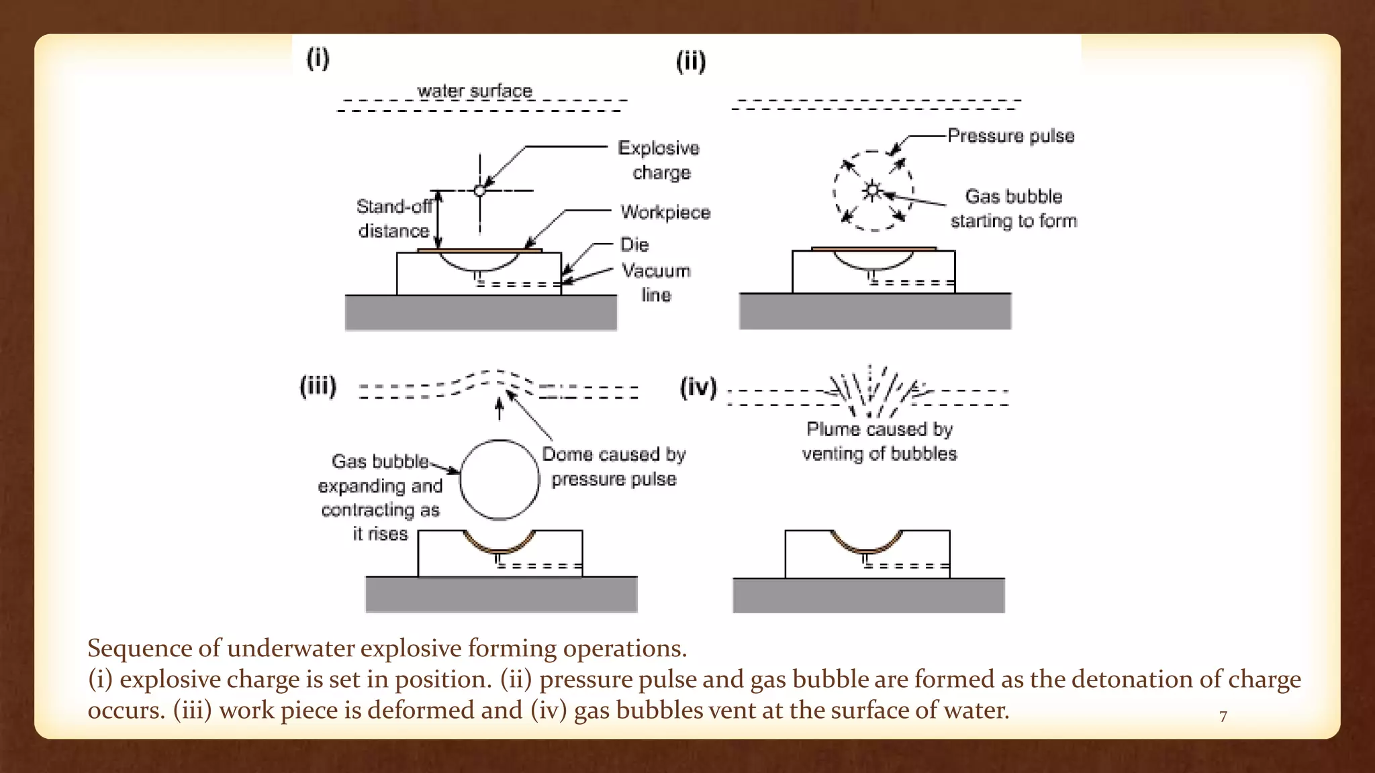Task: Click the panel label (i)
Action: click(x=318, y=58)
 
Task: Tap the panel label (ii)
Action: click(x=690, y=62)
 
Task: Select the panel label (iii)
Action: click(x=318, y=386)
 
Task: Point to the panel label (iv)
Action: click(x=698, y=388)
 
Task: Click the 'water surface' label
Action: click(x=475, y=91)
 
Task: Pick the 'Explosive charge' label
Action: click(x=659, y=160)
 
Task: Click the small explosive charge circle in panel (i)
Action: click(x=479, y=191)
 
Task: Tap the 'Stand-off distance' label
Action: click(x=394, y=219)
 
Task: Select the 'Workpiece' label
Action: click(x=665, y=213)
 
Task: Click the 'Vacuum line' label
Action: click(x=656, y=282)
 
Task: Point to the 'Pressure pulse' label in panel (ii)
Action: click(x=1010, y=136)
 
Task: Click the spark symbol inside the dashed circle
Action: click(x=873, y=191)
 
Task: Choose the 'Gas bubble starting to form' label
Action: click(x=1014, y=209)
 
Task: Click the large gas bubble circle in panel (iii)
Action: click(x=500, y=480)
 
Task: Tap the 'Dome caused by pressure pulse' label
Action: click(x=614, y=466)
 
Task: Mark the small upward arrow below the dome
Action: click(x=499, y=409)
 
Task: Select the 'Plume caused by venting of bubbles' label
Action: click(x=880, y=442)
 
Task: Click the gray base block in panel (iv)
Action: click(x=868, y=595)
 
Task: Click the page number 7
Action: click(x=1223, y=717)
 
